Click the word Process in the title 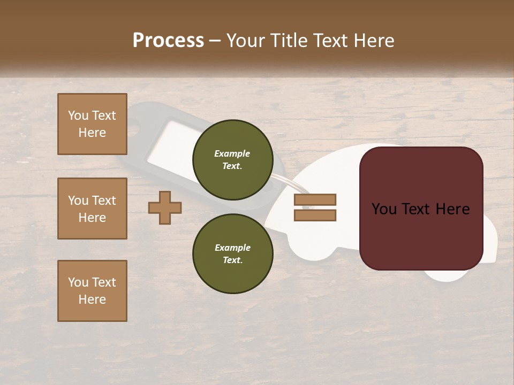(x=168, y=41)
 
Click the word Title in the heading (x=289, y=41)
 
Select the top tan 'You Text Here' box (x=92, y=124)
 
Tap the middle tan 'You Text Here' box (x=92, y=209)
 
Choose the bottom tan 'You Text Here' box (x=92, y=291)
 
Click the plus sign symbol (x=165, y=208)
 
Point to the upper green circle (x=232, y=159)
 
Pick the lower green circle (x=232, y=253)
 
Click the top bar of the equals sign (x=315, y=199)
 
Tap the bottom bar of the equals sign (x=315, y=215)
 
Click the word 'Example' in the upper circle (x=232, y=153)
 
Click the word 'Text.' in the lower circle (x=232, y=260)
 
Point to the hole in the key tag (x=135, y=128)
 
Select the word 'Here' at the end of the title (x=374, y=41)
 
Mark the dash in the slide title (x=215, y=41)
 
